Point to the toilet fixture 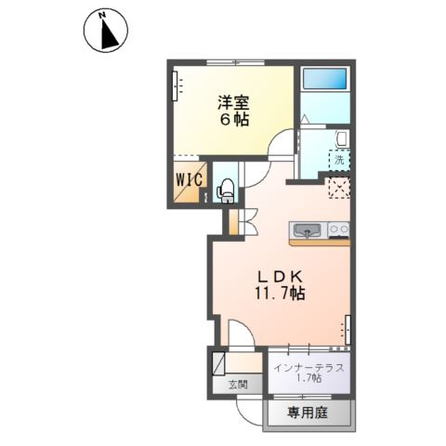pos(225,189)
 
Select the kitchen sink pos(308,229)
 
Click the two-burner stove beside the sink pos(338,230)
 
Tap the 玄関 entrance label pos(237,384)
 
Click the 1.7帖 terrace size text pos(309,378)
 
